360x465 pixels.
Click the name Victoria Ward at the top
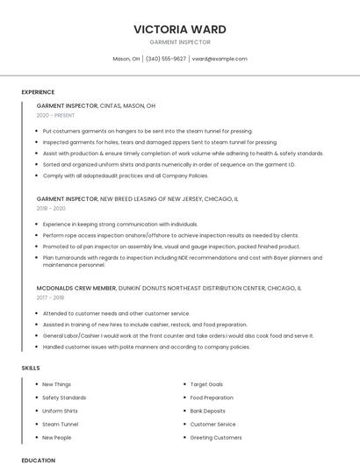tap(180, 29)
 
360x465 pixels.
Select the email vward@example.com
tap(220, 59)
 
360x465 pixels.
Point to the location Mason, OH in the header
tap(126, 59)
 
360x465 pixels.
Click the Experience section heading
tap(38, 92)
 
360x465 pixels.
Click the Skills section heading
tap(31, 368)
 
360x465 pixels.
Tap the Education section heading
tap(38, 460)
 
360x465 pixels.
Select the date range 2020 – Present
tap(55, 115)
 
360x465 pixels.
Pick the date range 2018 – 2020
tap(51, 209)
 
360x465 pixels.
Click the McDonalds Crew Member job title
tap(76, 288)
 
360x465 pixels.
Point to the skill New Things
tap(57, 384)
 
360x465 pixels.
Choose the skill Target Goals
tap(206, 384)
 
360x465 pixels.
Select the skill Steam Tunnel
tap(60, 424)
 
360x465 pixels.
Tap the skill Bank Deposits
tap(208, 411)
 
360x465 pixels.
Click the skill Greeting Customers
tap(216, 437)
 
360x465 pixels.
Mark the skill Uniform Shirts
tap(60, 411)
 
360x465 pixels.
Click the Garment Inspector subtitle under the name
tap(180, 42)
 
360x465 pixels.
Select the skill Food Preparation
tap(212, 397)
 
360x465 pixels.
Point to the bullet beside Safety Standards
tap(36, 397)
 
